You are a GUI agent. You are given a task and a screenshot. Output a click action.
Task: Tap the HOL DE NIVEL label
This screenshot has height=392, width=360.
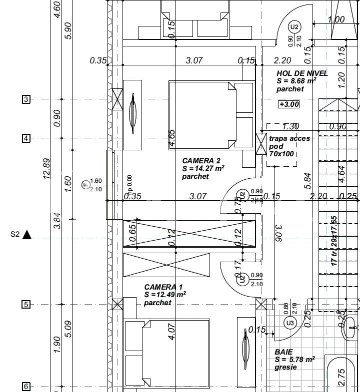click(302, 73)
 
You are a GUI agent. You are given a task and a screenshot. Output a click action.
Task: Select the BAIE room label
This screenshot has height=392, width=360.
click(283, 352)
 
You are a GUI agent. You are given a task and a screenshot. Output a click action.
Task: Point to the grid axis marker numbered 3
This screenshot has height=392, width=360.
click(26, 99)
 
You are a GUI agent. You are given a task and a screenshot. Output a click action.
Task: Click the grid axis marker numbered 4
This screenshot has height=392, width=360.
click(26, 138)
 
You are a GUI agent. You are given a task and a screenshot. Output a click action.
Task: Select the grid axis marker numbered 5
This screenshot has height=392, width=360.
click(26, 305)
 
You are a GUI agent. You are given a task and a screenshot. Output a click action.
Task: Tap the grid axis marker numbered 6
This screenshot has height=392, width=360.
click(26, 387)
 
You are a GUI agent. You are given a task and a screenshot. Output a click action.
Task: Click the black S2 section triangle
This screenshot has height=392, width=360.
click(27, 234)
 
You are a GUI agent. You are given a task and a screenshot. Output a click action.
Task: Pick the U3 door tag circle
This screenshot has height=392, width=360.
click(290, 324)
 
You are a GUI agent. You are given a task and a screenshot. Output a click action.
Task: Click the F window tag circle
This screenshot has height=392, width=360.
click(85, 185)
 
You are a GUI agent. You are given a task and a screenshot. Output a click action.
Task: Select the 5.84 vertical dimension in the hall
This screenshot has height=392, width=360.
click(307, 181)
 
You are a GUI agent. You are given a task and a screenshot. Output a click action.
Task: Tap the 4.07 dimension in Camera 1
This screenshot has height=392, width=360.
click(171, 332)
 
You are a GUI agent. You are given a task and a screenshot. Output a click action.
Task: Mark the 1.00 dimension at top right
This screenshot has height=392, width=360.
click(335, 20)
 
